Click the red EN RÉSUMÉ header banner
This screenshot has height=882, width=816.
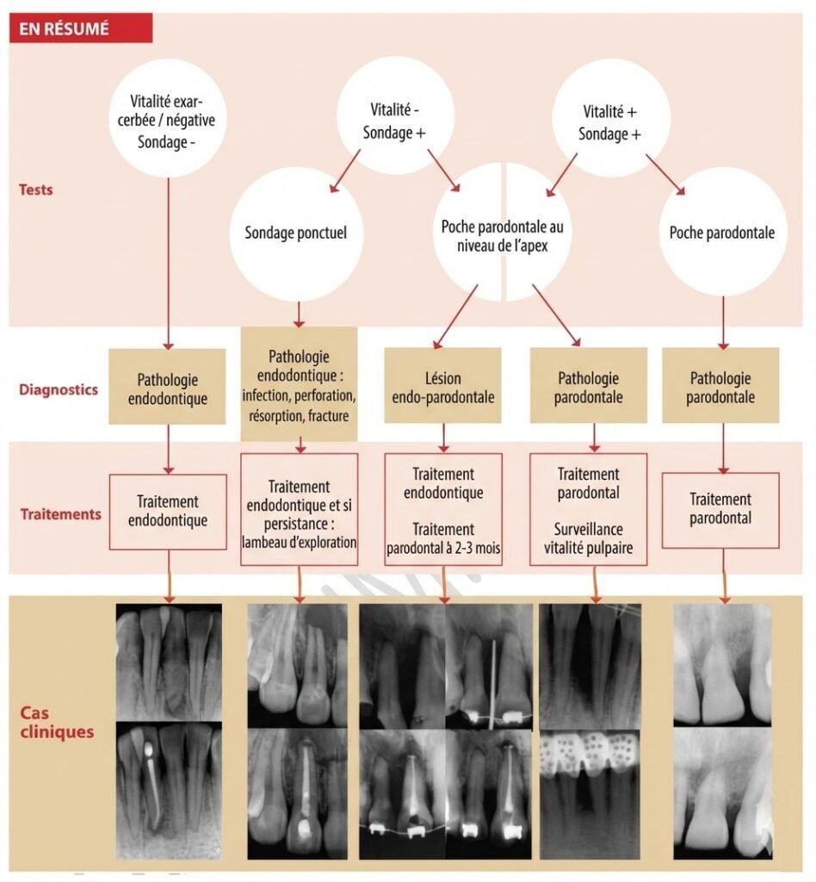[x=81, y=28]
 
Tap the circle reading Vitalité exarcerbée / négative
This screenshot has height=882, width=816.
[x=167, y=121]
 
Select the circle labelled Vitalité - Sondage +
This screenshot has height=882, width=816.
[x=394, y=121]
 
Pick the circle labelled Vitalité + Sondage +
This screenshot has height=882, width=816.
[x=609, y=121]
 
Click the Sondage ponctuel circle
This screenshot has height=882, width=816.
[x=295, y=233]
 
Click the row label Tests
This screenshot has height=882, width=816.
[x=36, y=189]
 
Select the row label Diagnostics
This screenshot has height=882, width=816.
[x=59, y=389]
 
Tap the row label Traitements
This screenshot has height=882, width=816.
[x=61, y=514]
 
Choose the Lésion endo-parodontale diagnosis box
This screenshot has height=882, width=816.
[x=442, y=386]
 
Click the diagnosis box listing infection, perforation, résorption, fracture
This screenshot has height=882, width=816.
[x=299, y=385]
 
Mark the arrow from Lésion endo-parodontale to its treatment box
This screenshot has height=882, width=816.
[x=442, y=438]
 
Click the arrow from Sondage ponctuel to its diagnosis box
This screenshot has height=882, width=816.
[x=299, y=314]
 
